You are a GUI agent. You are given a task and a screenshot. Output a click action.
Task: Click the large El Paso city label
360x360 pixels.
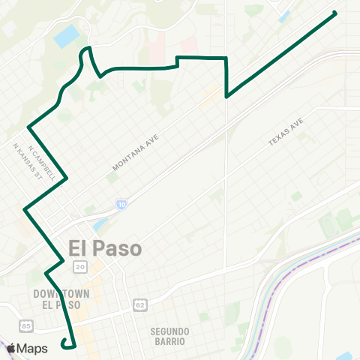pyautogui.click(x=104, y=248)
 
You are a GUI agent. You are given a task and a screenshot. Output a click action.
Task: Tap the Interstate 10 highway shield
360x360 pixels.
pyautogui.click(x=121, y=204)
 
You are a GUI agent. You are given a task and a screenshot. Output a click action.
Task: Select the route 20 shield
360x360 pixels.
pyautogui.click(x=79, y=267)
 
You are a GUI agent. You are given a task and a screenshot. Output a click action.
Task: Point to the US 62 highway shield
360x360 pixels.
pyautogui.click(x=139, y=304)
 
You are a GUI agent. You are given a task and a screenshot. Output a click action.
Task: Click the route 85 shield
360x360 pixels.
pyautogui.click(x=27, y=325)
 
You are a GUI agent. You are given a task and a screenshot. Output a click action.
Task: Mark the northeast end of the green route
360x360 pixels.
pyautogui.click(x=334, y=12)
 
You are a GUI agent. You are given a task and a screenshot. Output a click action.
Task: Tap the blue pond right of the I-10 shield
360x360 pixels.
pyautogui.click(x=100, y=224)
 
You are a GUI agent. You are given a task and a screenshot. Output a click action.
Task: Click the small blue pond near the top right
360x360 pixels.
pyautogui.click(x=284, y=16)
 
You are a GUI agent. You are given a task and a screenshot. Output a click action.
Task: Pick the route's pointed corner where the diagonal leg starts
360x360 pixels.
pyautogui.click(x=226, y=97)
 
